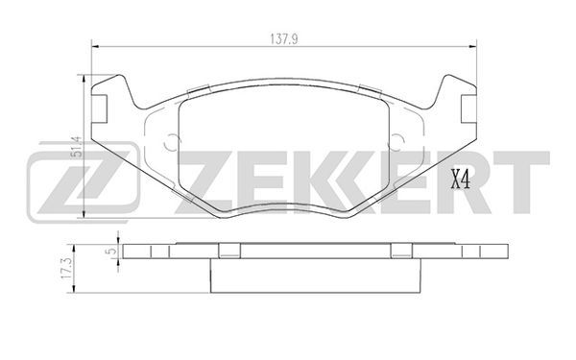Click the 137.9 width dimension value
tap(283, 39)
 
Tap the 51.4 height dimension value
tap(77, 147)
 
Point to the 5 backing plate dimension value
tap(111, 252)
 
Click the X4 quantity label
tap(460, 180)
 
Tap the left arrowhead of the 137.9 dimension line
tap(95, 47)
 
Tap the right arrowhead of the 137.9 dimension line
tap(472, 47)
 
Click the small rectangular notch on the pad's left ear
tap(99, 108)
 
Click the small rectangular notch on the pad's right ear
tap(468, 108)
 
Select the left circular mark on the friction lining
tap(172, 142)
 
